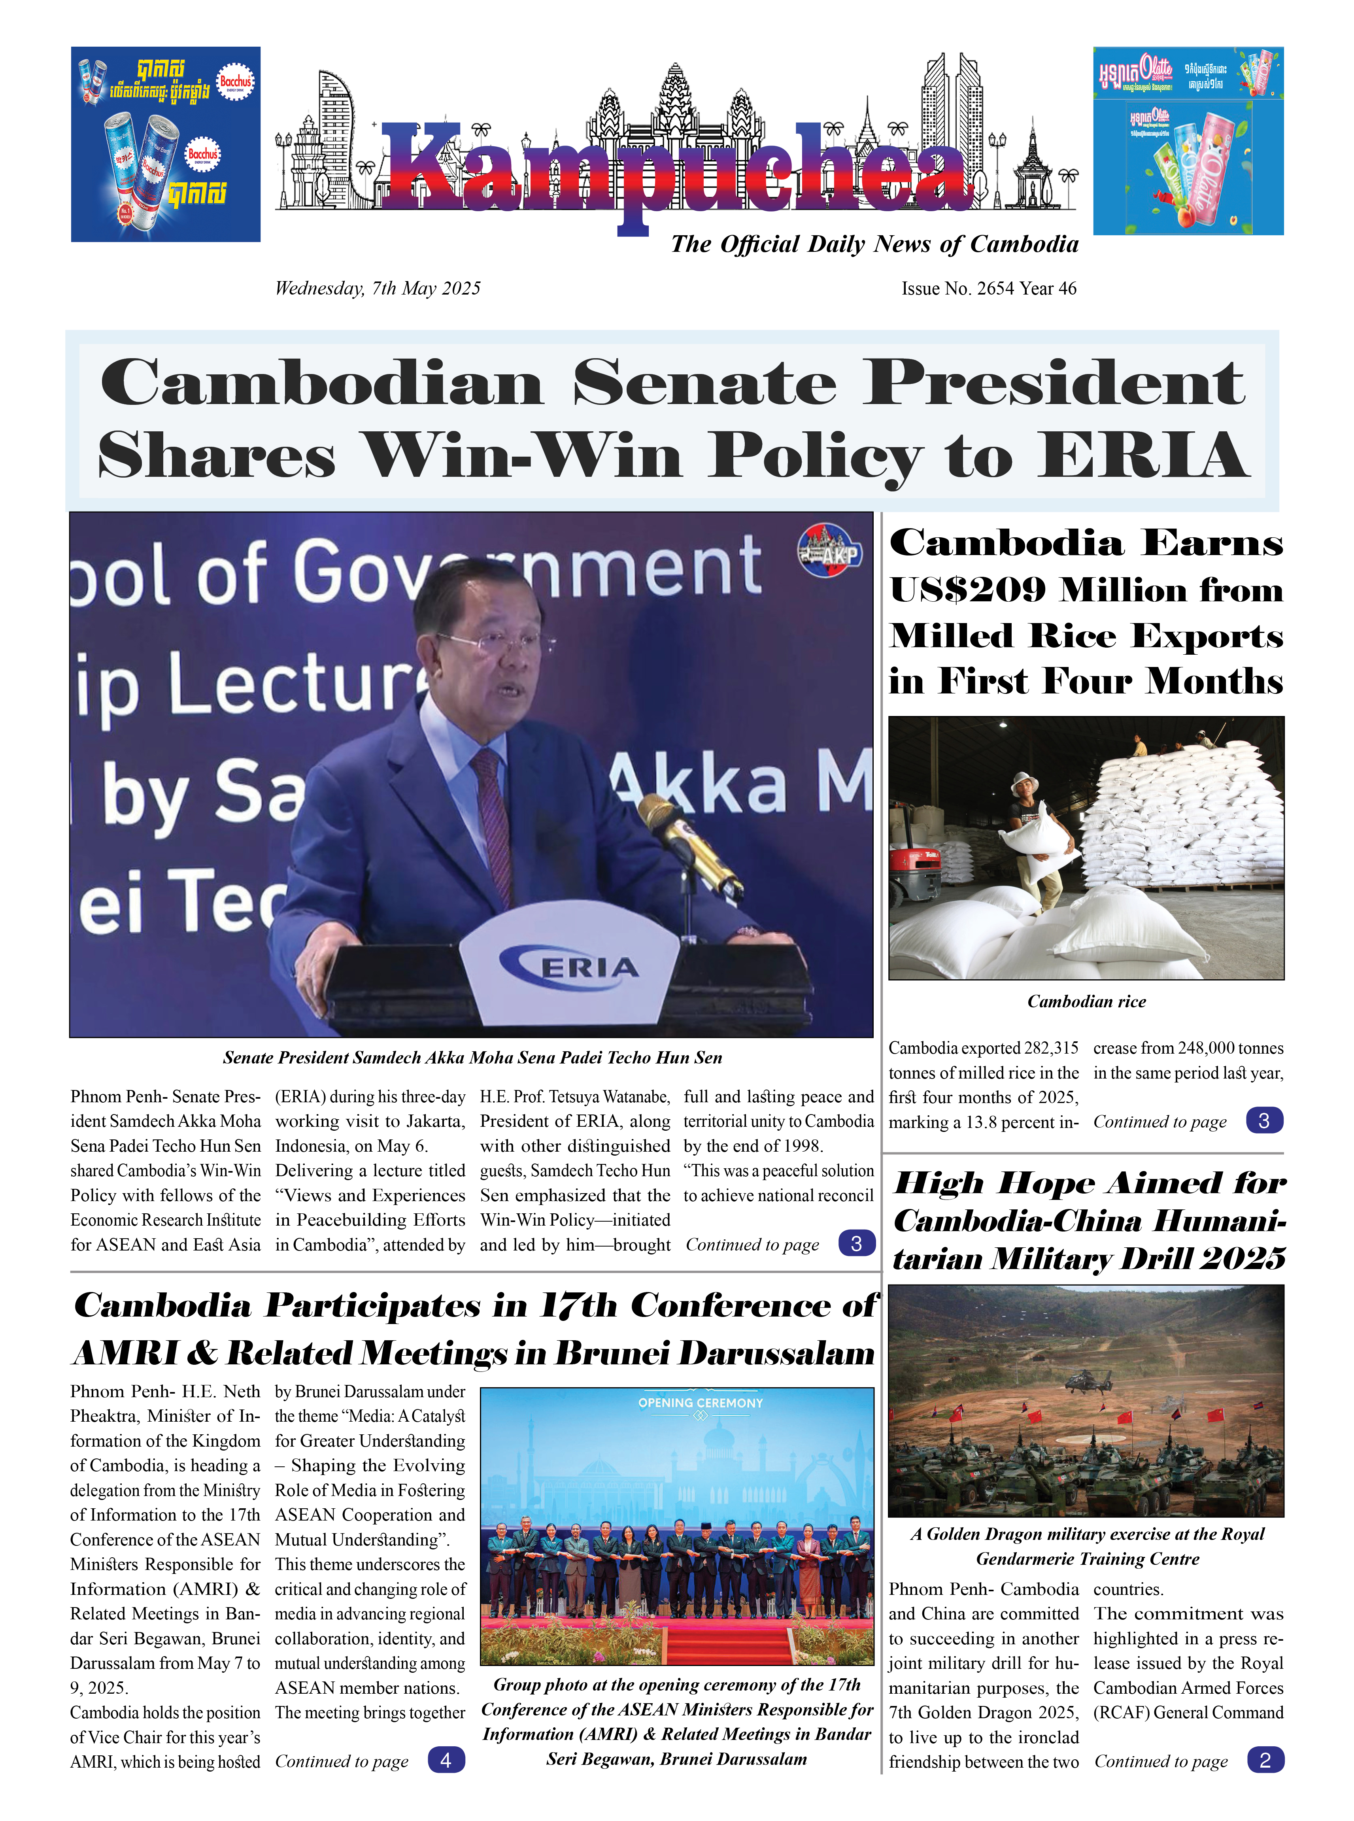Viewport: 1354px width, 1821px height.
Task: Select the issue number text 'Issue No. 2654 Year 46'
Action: pos(988,289)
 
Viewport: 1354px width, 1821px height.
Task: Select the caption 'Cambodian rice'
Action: pos(1086,1001)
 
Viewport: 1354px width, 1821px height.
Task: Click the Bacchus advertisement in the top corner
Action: pos(166,144)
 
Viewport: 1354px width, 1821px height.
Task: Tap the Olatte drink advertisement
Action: pos(1188,141)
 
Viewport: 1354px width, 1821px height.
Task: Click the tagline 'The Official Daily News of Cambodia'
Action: pos(874,244)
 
